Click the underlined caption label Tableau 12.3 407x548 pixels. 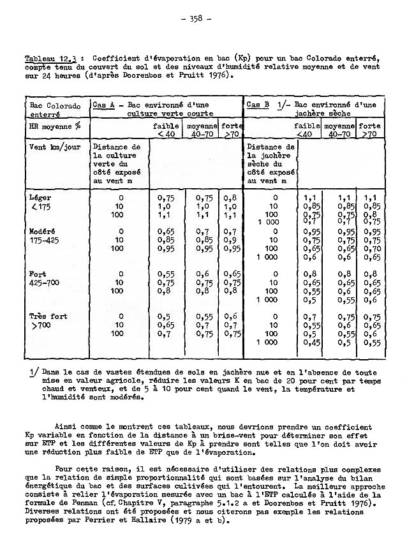(x=45, y=59)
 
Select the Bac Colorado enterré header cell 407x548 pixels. (x=55, y=110)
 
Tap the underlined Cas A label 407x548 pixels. (x=104, y=105)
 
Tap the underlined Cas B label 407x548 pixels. (x=257, y=105)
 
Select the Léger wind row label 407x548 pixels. (x=41, y=198)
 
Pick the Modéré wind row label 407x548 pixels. (x=44, y=232)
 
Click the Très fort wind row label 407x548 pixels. (x=48, y=316)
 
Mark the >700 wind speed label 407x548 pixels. (x=40, y=325)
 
